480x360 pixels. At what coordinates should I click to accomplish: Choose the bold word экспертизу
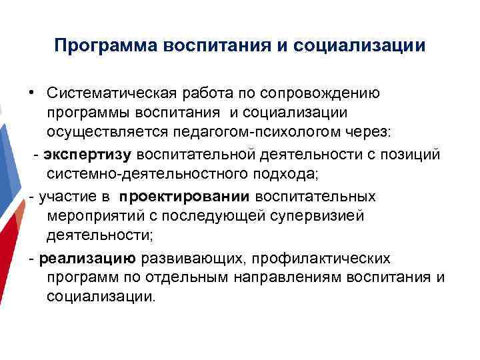pos(89,155)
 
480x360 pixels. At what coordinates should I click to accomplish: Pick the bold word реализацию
pos(87,259)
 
